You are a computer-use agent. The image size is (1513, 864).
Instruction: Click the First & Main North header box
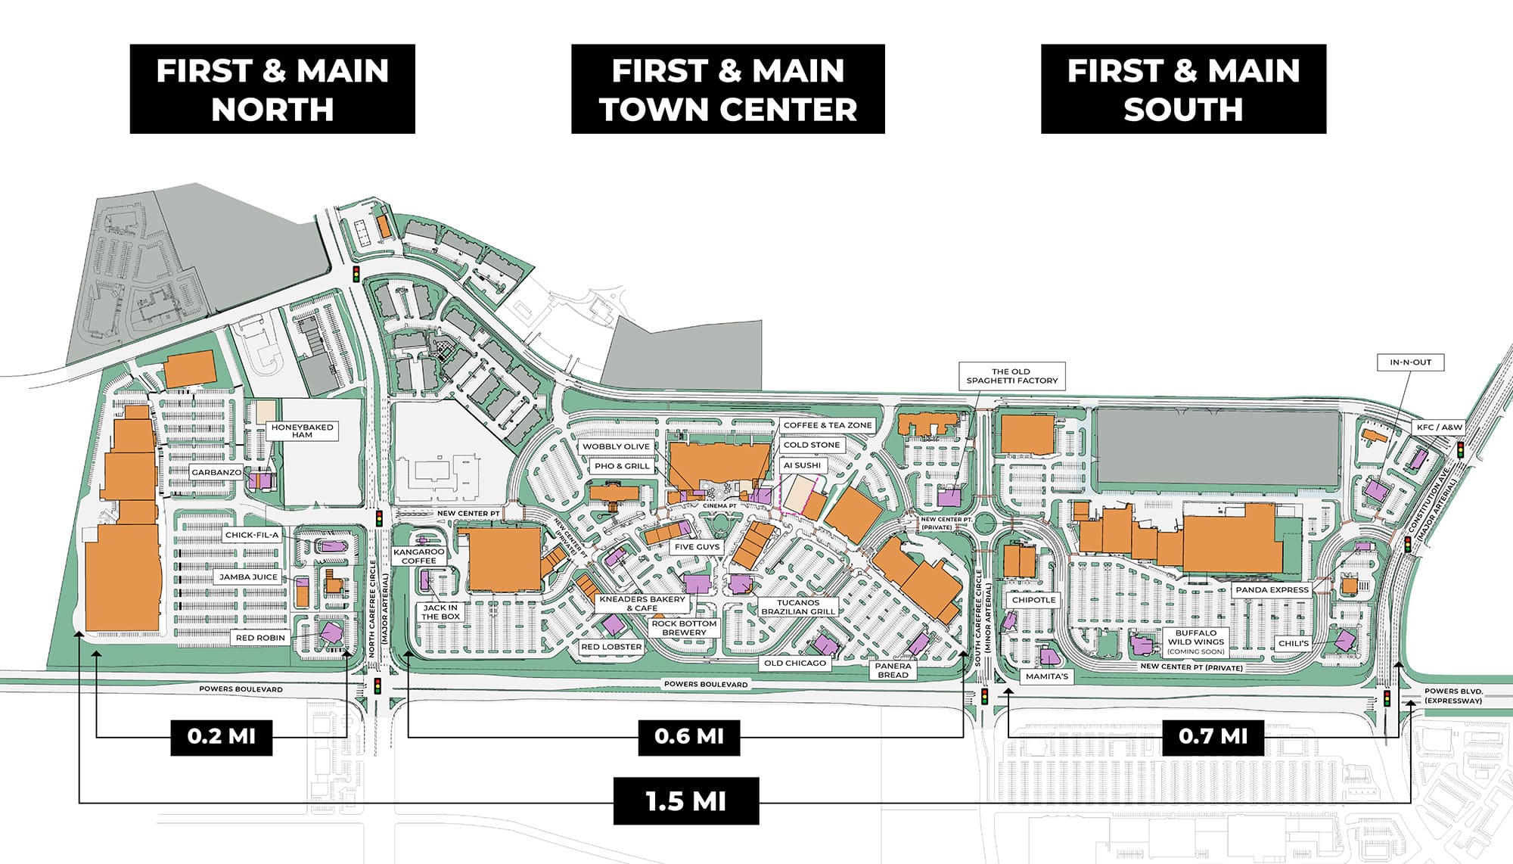pos(272,89)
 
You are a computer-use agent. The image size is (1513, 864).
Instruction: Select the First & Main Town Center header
pos(728,89)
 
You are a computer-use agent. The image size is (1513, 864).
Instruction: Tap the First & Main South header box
pos(1183,89)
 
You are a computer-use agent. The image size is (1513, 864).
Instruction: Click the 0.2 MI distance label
pos(221,736)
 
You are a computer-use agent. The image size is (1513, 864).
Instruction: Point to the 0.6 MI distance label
pos(688,736)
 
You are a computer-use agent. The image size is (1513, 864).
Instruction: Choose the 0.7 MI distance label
pos(1213,736)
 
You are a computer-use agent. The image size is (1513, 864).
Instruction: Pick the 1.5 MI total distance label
pos(685,801)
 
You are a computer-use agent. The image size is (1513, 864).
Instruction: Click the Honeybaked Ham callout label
pos(302,430)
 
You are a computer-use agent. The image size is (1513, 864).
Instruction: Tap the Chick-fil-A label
pos(252,535)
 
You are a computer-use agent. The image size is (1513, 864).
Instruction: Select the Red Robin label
pos(260,638)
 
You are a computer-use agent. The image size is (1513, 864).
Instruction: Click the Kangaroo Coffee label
pos(419,556)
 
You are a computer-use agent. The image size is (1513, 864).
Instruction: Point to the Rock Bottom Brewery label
pos(684,628)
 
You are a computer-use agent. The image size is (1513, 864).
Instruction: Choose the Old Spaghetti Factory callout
pos(1011,376)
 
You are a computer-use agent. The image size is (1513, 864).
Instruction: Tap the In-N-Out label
pos(1410,362)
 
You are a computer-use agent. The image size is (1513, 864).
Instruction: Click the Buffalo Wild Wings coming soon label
pos(1195,642)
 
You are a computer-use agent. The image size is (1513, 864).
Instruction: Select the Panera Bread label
pos(893,670)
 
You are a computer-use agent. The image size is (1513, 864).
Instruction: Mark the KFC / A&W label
pos(1439,427)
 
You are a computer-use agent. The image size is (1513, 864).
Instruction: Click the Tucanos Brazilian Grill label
pos(798,607)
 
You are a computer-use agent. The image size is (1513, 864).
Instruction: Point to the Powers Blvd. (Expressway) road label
pos(1452,696)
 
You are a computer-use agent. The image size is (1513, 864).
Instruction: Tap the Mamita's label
pos(1046,676)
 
